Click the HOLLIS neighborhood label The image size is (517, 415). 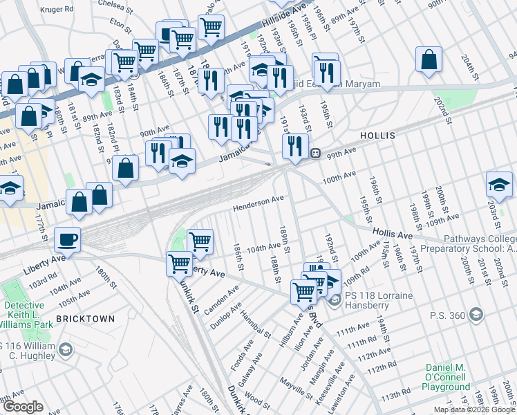377,136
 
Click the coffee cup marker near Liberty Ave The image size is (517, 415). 67,240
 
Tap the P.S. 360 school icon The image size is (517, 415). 475,315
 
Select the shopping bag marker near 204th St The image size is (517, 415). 429,59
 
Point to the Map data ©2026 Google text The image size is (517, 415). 473,409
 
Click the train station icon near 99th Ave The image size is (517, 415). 314,153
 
